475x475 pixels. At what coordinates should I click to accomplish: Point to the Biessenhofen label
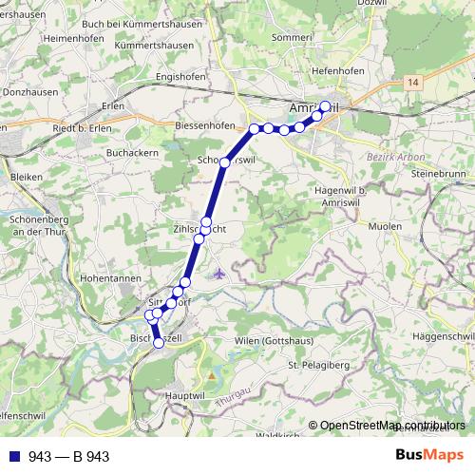205,125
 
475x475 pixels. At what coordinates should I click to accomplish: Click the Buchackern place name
133,151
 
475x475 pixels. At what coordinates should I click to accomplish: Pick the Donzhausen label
28,96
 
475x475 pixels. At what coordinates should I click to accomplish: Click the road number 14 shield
411,84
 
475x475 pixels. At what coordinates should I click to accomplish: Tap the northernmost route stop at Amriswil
325,106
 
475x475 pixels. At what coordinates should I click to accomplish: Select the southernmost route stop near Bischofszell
159,343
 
